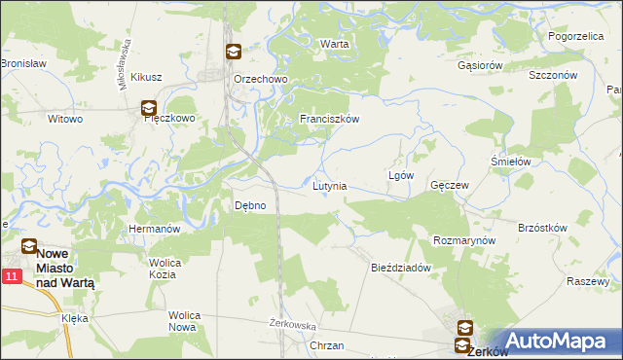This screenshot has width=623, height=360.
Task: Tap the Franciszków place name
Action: tap(330, 119)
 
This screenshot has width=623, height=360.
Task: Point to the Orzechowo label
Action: tap(257, 80)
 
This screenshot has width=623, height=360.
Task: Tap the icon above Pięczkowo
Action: tap(148, 109)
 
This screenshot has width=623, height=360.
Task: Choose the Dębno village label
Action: tap(250, 205)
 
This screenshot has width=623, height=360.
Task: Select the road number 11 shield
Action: tap(11, 277)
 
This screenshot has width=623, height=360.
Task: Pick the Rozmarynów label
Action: tap(464, 240)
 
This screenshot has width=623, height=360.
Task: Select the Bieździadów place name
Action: tap(401, 268)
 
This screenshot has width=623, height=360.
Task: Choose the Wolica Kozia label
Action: tap(163, 269)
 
